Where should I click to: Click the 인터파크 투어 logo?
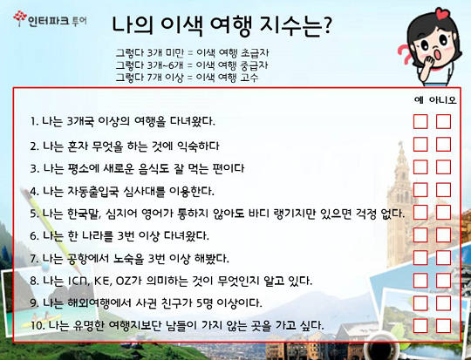click(x=51, y=19)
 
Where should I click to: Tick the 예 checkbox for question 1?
click(x=420, y=121)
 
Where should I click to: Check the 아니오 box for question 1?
click(x=443, y=121)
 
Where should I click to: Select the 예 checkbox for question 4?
click(x=420, y=190)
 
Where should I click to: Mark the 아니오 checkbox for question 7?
click(x=443, y=258)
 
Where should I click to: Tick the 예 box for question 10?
click(x=420, y=326)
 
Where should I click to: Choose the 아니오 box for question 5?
click(x=443, y=213)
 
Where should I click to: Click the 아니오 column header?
click(x=443, y=99)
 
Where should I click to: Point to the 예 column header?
click(x=419, y=99)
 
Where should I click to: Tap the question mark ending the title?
click(x=326, y=24)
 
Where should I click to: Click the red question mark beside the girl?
click(x=406, y=54)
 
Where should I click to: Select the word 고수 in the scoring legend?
click(x=249, y=78)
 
